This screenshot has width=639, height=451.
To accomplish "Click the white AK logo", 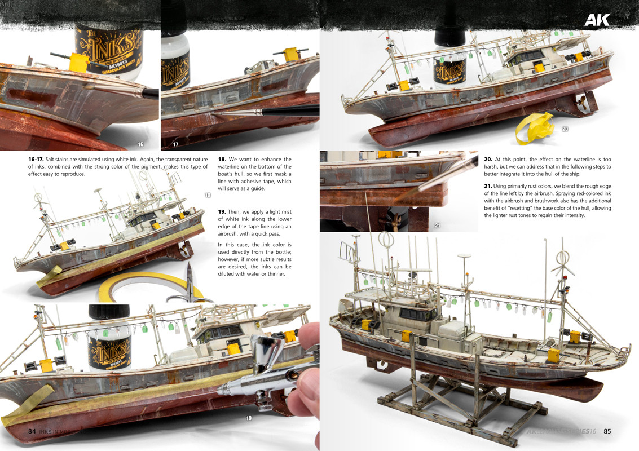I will pyautogui.click(x=596, y=20).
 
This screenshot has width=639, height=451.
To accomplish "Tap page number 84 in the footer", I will pyautogui.click(x=32, y=431).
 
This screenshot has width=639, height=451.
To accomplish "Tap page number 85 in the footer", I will pyautogui.click(x=607, y=431).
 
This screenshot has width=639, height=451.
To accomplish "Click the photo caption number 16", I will pyautogui.click(x=141, y=144).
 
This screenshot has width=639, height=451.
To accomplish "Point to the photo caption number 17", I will pyautogui.click(x=175, y=144).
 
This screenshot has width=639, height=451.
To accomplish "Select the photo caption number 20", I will pyautogui.click(x=565, y=129).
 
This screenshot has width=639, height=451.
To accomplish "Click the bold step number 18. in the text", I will pyautogui.click(x=222, y=160).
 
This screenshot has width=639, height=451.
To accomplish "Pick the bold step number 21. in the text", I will pyautogui.click(x=488, y=186).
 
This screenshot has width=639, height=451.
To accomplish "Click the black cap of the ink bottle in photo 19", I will pyautogui.click(x=109, y=311).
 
